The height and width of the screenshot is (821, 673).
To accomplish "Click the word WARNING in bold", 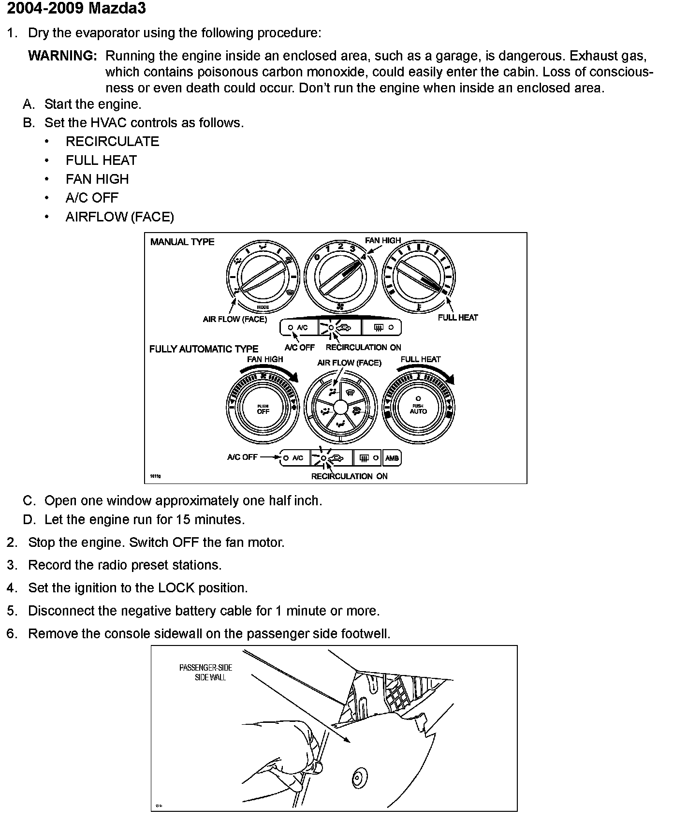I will click(63, 56).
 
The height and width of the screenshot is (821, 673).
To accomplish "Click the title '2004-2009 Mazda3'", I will click(76, 8).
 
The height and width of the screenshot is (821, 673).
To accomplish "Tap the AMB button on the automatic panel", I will click(392, 458).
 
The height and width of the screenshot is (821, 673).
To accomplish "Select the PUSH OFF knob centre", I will click(263, 410).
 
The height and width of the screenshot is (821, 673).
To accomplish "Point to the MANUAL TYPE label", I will click(182, 242).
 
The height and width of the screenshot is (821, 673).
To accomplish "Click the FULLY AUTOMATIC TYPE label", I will click(204, 349).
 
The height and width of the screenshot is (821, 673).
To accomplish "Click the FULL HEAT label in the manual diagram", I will click(457, 318).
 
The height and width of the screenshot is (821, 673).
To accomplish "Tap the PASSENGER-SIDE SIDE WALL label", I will click(206, 673).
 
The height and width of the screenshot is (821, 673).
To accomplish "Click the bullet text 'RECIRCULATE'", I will click(112, 142).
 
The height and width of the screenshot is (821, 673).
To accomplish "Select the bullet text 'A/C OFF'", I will click(92, 198).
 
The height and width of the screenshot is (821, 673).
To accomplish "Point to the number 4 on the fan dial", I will click(363, 257).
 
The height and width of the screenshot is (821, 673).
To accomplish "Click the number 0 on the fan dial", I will click(317, 257).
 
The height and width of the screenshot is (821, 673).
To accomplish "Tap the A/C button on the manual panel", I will click(299, 327).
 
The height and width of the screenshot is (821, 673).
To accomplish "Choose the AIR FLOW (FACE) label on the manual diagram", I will click(235, 320).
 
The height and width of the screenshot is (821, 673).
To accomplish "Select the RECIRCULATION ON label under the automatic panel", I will click(349, 476).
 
